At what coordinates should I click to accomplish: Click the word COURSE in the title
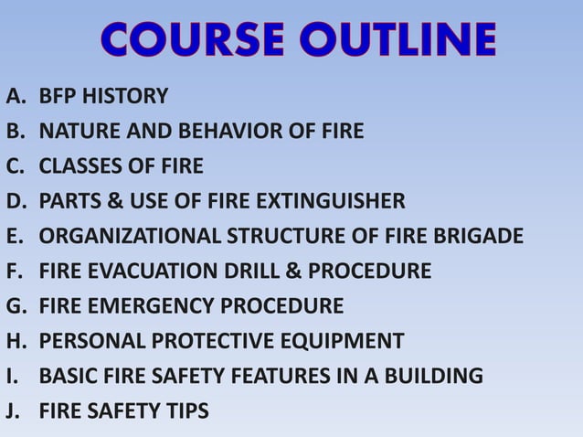pos(183,41)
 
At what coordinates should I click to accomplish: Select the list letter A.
pos(14,95)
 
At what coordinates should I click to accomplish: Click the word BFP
pos(59,95)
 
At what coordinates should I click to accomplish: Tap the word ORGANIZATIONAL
pos(128,237)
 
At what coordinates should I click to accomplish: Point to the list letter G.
pos(15,306)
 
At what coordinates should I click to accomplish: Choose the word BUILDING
pos(438,376)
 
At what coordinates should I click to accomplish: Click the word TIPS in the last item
pos(185,411)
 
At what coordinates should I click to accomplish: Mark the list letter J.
pos(12,411)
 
